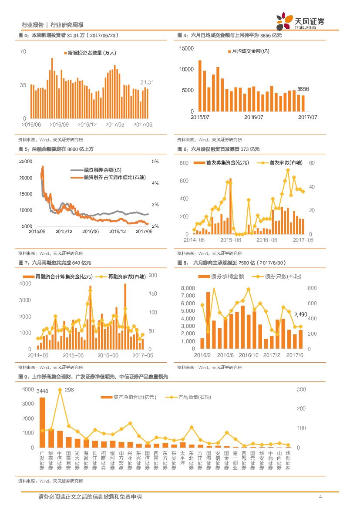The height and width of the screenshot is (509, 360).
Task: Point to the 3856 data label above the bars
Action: tap(303, 89)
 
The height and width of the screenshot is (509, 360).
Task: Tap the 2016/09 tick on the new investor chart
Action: tap(59, 125)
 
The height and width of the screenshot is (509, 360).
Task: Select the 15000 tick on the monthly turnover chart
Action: tap(186, 48)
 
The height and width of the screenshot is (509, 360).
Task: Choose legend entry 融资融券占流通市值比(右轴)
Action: tap(114, 178)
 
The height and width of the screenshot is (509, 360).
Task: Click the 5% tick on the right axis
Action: tap(155, 162)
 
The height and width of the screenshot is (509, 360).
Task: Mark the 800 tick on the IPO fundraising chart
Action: tap(184, 163)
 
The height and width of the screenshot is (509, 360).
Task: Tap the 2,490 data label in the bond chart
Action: tap(301, 314)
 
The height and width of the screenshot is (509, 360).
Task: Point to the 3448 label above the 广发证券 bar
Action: tap(42, 390)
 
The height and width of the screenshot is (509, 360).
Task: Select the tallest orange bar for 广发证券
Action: tap(42, 422)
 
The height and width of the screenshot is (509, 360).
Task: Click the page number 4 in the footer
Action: tap(320, 497)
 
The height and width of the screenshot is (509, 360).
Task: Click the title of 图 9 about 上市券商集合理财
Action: tap(93, 376)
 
